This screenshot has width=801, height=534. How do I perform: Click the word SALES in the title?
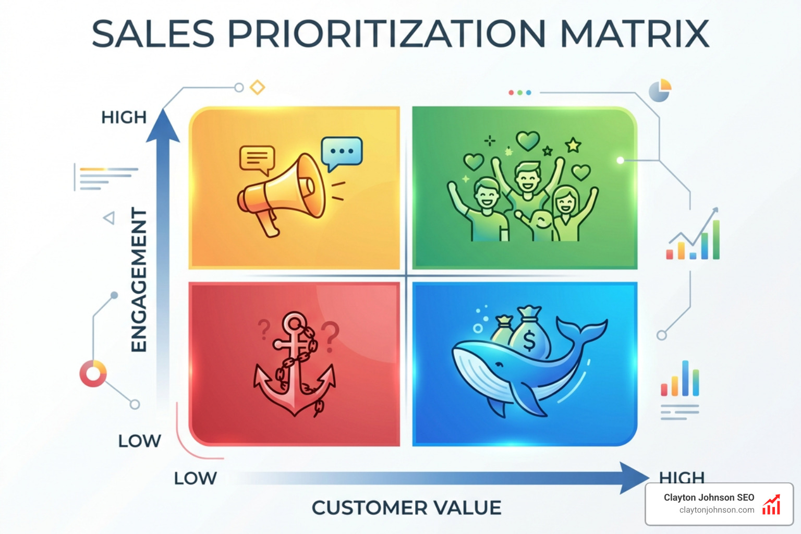[153, 34]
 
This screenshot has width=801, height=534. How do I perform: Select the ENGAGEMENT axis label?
[138, 280]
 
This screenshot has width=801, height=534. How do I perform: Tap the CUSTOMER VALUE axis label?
[406, 507]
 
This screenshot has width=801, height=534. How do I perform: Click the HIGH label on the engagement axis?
[124, 117]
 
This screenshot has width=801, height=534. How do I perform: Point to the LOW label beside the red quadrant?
[139, 441]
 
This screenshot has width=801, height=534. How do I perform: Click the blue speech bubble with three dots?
[342, 152]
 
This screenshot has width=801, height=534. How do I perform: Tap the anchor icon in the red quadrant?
[295, 365]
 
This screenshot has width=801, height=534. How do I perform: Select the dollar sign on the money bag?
[529, 341]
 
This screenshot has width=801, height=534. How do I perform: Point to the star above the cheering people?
[573, 144]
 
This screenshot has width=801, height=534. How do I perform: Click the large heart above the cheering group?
[528, 140]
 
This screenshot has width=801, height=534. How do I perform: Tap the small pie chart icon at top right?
[660, 90]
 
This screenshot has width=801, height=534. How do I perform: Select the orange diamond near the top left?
[257, 87]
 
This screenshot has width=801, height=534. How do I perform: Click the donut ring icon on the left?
[93, 373]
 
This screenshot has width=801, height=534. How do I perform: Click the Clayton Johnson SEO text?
[709, 497]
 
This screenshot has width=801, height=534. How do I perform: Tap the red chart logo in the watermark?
[771, 505]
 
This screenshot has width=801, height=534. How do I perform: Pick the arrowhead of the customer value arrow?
[633, 478]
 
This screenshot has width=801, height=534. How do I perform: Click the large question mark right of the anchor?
[330, 336]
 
